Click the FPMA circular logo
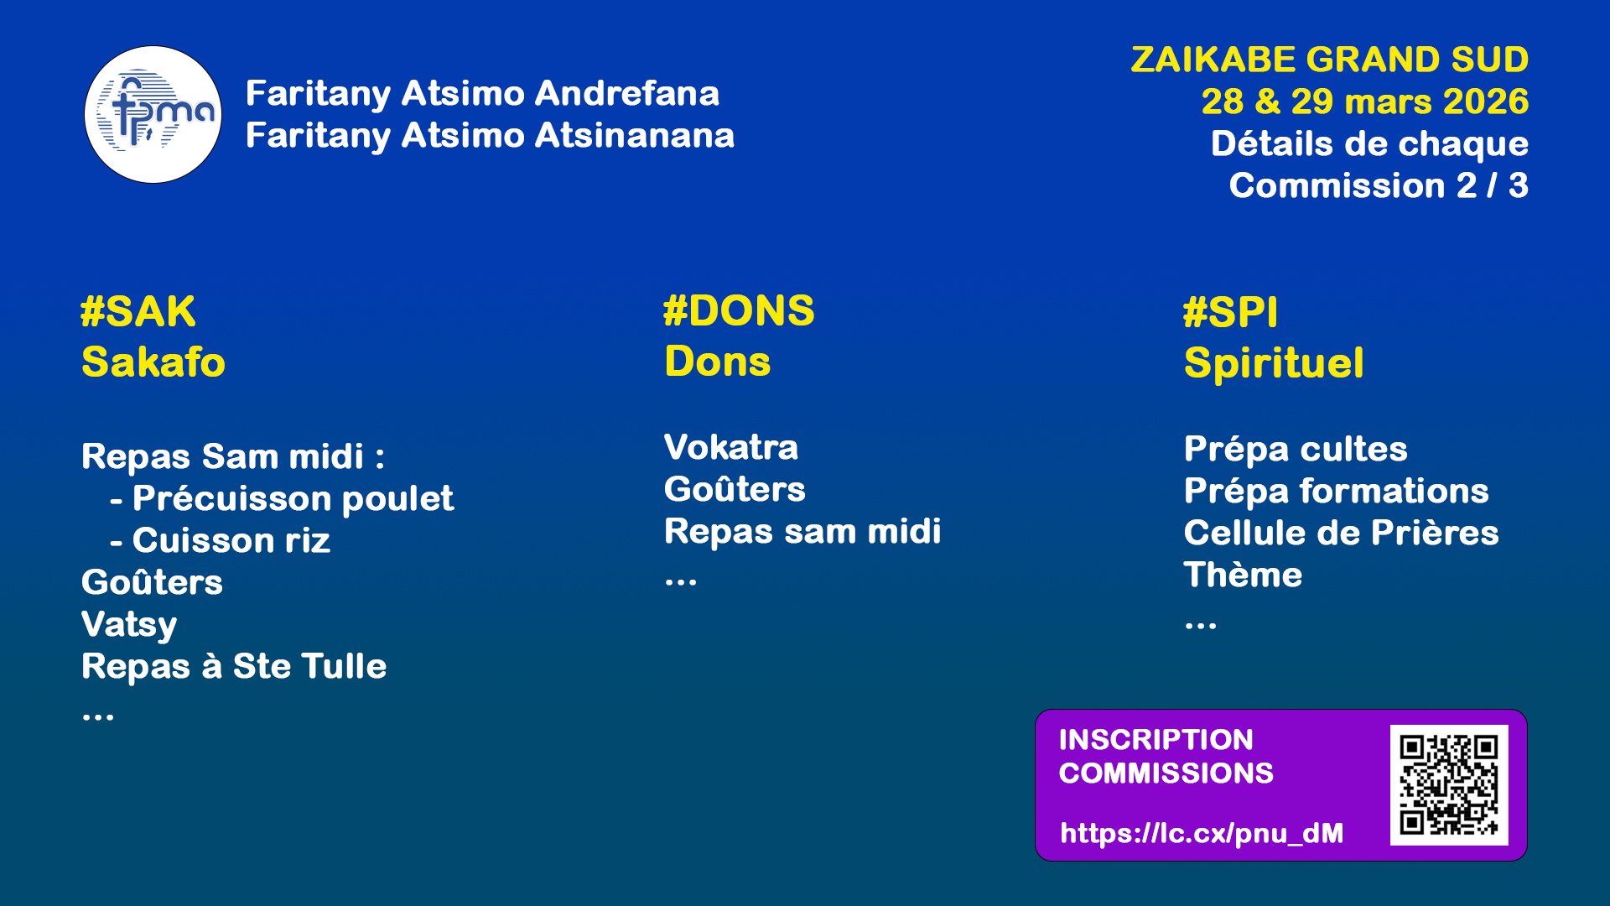[x=153, y=114]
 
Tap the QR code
[x=1449, y=785]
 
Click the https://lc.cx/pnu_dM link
[x=1202, y=833]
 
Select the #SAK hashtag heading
[x=138, y=312]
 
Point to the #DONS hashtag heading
[x=739, y=311]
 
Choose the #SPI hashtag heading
[x=1230, y=313]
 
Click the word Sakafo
[x=153, y=362]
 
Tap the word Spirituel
[x=1274, y=364]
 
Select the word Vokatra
[x=731, y=447]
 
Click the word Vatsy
[x=129, y=625]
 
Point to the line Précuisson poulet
[x=283, y=499]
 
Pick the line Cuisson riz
[x=221, y=540]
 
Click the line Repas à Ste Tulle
[x=234, y=666]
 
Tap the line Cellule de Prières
[x=1341, y=533]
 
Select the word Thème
[x=1243, y=575]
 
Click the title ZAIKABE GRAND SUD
[x=1330, y=60]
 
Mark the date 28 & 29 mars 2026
[x=1365, y=102]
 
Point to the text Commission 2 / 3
[x=1379, y=185]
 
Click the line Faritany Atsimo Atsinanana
[x=490, y=136]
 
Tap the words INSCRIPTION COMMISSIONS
[x=1166, y=757]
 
